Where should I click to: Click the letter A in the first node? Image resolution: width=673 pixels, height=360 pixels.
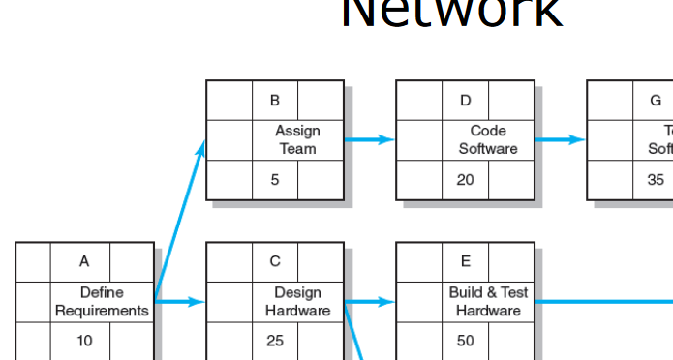84,261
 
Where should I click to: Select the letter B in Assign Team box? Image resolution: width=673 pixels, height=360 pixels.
275,100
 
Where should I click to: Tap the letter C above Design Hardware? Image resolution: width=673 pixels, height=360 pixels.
275,261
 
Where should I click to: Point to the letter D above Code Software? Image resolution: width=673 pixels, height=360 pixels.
465,100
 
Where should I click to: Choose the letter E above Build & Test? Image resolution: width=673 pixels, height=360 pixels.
465,261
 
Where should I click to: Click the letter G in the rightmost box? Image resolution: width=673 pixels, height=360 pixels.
656,100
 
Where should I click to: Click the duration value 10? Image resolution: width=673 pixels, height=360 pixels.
84,342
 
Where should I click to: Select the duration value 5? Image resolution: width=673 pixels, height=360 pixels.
275,180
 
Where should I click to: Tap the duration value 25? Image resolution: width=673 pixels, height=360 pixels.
275,342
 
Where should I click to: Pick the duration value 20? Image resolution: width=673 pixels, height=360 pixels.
465,180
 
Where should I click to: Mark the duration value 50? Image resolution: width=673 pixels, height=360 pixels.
465,342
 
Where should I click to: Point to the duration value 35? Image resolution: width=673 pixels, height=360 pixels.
656,180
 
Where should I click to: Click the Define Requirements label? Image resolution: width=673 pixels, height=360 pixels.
102,301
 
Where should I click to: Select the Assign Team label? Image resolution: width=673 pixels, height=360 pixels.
297,139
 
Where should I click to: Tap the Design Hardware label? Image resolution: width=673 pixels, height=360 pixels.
297,301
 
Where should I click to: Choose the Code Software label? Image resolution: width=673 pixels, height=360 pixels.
488,139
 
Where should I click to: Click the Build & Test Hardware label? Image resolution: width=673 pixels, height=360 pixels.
488,301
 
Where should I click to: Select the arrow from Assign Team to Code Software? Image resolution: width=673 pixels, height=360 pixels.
370,139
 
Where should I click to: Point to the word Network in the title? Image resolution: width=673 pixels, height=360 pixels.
451,14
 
